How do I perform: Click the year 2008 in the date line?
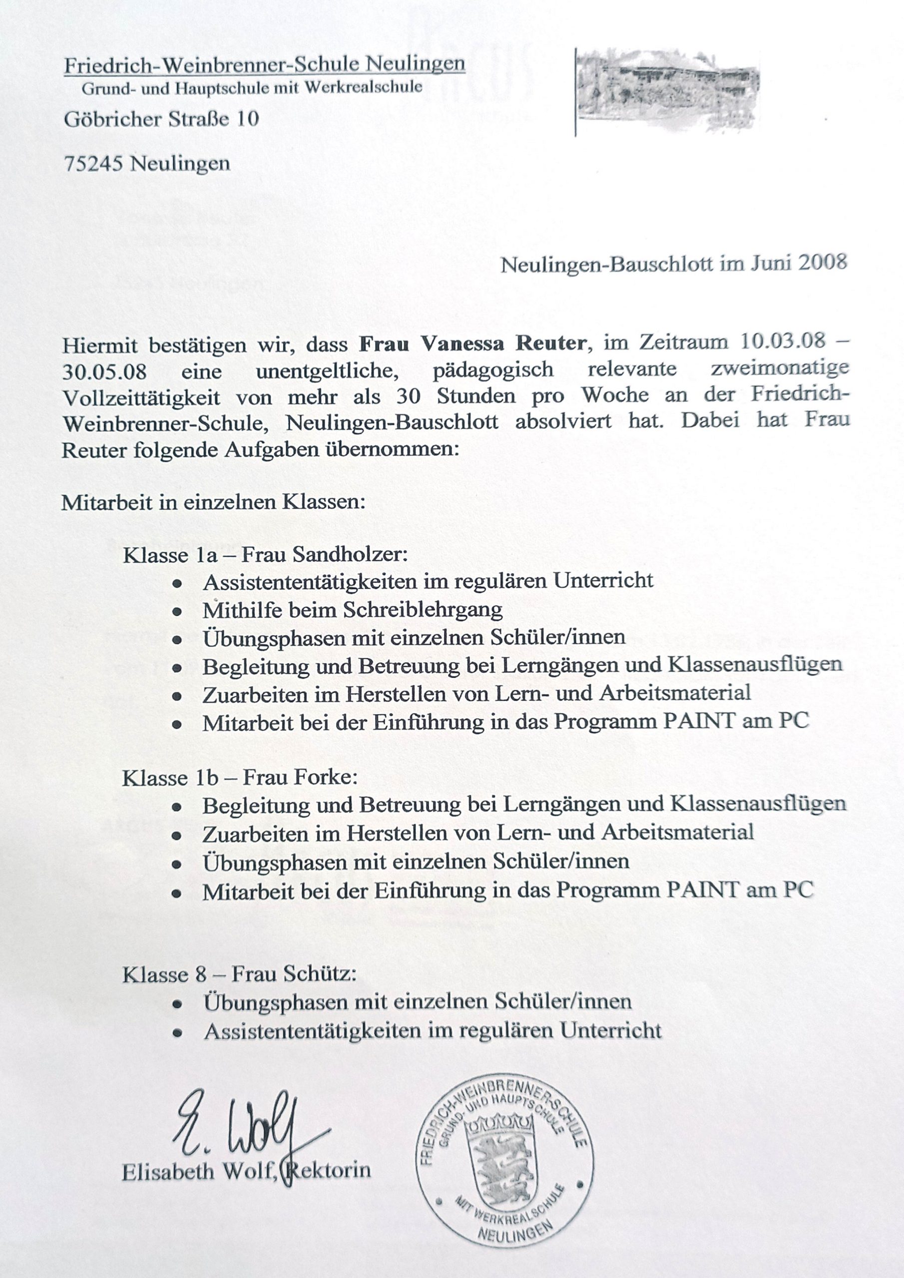pos(823,262)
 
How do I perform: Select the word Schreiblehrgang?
pos(422,610)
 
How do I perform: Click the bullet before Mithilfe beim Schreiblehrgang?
pos(177,611)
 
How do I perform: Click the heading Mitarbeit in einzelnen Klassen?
pos(213,502)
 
